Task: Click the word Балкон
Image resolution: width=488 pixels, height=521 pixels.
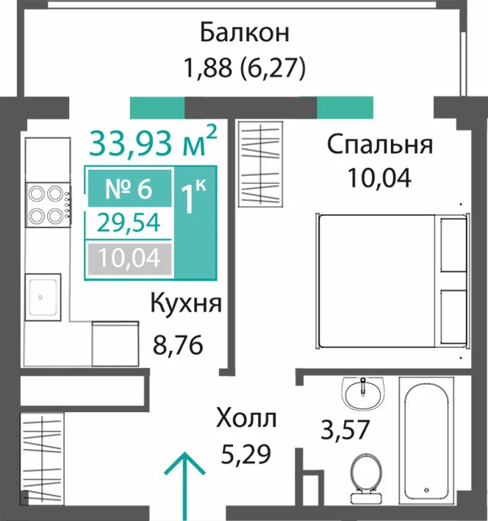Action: click(x=245, y=32)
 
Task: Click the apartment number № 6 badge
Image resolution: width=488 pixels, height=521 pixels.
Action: click(x=129, y=188)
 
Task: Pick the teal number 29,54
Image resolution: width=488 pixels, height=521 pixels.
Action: click(x=129, y=223)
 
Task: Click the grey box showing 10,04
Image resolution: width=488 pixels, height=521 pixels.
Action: click(x=129, y=259)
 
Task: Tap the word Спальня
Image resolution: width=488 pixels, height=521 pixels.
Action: click(x=380, y=145)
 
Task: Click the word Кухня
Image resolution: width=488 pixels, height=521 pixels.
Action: click(x=186, y=303)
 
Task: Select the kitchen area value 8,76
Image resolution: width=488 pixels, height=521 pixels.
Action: click(x=178, y=344)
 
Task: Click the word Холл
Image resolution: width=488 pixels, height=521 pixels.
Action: click(x=246, y=418)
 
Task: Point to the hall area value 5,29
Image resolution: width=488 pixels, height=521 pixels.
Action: click(x=245, y=454)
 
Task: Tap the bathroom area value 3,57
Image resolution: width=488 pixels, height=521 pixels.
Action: click(x=345, y=429)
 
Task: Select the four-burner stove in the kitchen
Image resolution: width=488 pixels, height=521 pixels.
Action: click(x=49, y=205)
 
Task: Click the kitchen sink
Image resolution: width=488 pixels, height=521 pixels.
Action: click(x=43, y=297)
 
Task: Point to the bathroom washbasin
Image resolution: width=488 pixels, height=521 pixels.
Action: click(x=363, y=392)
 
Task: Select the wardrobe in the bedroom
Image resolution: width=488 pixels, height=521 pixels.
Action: click(x=261, y=164)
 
